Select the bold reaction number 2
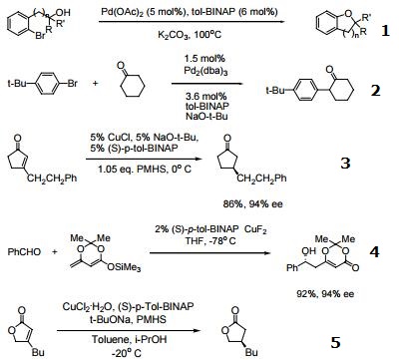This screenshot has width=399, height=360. click(375, 91)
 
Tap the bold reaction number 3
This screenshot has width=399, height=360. click(374, 161)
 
